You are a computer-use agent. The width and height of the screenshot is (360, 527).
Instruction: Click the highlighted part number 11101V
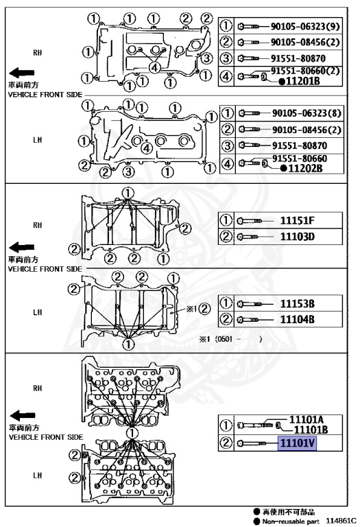[297, 443]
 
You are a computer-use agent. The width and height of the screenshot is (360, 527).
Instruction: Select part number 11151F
[297, 220]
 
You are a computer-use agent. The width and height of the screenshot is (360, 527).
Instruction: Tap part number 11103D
[297, 237]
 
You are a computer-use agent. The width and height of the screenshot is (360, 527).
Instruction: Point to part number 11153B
[297, 303]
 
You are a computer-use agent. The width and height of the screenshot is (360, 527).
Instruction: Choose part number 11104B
[297, 319]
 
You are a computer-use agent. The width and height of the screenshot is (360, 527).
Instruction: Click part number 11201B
[303, 81]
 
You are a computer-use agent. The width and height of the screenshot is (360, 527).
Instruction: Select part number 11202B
[305, 167]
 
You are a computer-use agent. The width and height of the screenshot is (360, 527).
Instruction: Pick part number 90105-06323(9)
[305, 26]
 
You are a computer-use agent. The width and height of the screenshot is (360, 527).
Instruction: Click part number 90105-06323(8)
[307, 113]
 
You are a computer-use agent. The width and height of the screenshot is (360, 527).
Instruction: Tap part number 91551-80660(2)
[305, 71]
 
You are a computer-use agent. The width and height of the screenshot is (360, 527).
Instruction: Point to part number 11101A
[306, 419]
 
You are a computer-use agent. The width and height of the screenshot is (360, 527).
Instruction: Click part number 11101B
[311, 430]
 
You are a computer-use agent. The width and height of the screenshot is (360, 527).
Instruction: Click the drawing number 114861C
[341, 521]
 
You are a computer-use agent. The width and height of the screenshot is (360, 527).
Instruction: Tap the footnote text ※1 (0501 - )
[230, 339]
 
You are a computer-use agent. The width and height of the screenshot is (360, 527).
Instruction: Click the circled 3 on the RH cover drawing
[206, 58]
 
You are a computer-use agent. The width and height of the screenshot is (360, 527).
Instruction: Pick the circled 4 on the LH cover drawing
[147, 148]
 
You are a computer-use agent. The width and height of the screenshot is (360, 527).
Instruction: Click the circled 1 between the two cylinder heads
[132, 433]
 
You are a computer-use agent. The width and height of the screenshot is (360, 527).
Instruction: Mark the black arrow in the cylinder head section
[23, 415]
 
